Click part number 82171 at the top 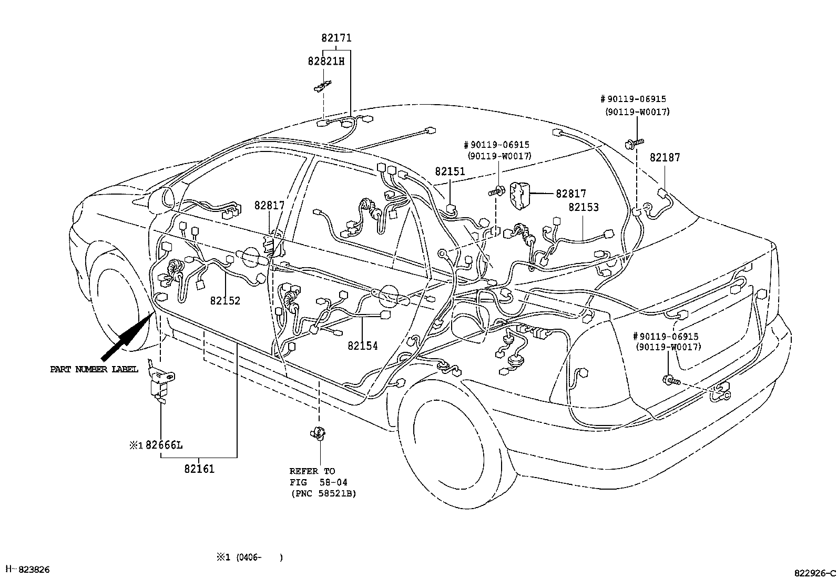pos(336,38)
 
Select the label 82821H pos(326,61)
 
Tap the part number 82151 pos(450,171)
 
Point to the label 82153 pos(583,208)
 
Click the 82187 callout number pos(665,157)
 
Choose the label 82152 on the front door pos(225,301)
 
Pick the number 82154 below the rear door pos(362,346)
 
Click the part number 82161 pos(199,469)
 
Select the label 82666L pos(164,445)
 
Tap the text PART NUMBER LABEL pos(94,369)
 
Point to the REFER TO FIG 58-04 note pos(322,482)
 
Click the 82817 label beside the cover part pos(570,194)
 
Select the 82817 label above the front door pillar pos(269,205)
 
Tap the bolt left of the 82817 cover pos(497,191)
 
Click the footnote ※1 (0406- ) pos(250,557)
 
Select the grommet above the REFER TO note pos(318,433)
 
